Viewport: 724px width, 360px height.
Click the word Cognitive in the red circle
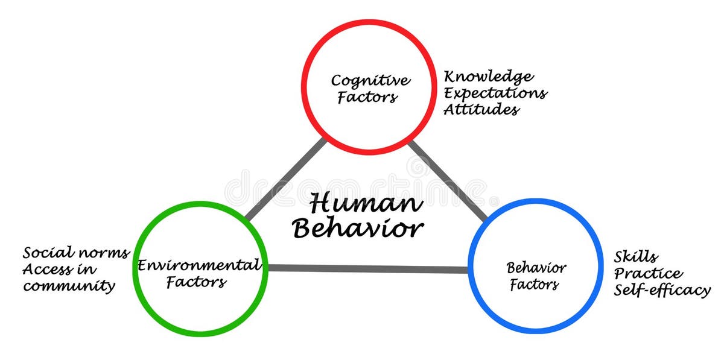click(x=370, y=80)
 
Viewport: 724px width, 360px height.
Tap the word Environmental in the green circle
click(x=199, y=265)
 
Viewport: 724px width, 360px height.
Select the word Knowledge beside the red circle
click(x=489, y=77)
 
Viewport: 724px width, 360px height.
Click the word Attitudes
click(x=481, y=110)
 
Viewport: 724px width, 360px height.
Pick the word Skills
click(x=636, y=257)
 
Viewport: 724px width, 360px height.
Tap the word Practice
click(x=649, y=274)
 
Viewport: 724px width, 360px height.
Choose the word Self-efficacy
click(x=662, y=290)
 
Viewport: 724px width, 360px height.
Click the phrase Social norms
click(x=76, y=253)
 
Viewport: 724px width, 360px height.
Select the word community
click(x=69, y=285)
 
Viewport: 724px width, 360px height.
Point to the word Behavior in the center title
click(x=358, y=229)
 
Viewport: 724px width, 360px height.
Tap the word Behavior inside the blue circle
click(x=536, y=267)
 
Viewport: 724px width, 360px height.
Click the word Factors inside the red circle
click(x=367, y=97)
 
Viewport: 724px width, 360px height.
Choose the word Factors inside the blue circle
click(x=535, y=284)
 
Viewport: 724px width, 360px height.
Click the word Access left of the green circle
click(x=47, y=269)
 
